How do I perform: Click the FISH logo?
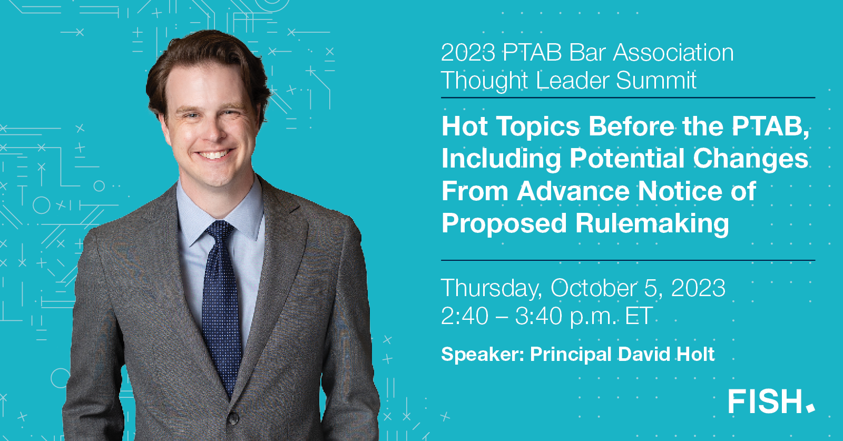tap(771, 401)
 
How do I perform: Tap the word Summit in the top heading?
tap(656, 81)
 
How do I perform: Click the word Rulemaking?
tap(652, 223)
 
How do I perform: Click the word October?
tap(593, 288)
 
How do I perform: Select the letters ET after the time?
tap(639, 316)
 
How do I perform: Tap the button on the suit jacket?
tap(232, 419)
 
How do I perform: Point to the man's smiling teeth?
tap(213, 155)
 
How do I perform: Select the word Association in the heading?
tap(673, 53)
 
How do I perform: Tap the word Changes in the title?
tap(750, 159)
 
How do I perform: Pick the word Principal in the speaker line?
tap(571, 355)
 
